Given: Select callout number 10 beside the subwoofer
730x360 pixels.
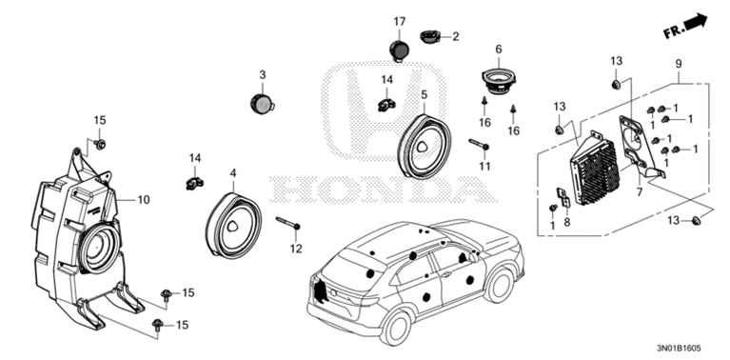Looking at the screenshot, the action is point(144,200).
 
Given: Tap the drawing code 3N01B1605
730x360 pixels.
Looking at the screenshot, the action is point(679,349).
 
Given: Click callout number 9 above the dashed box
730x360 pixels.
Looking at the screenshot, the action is point(679,64).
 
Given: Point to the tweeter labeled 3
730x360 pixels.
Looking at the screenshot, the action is point(262,104).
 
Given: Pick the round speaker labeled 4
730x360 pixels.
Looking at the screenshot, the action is point(233,226).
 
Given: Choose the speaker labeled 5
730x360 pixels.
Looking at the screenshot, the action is point(424,147).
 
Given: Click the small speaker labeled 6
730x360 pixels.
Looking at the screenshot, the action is point(499,81).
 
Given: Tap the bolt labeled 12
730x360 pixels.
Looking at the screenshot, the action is point(288,223).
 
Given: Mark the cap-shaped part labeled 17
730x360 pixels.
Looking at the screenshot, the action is point(399,50).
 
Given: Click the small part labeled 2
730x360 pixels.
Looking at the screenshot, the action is point(429,36).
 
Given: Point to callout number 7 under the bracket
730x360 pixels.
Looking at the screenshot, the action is point(640,191).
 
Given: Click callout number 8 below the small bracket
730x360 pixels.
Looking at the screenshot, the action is point(566,223).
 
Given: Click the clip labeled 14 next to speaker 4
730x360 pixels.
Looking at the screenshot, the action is point(194,182).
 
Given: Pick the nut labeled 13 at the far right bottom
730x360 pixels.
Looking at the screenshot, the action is point(697,220).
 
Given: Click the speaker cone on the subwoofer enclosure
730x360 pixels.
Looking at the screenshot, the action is point(100,248).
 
